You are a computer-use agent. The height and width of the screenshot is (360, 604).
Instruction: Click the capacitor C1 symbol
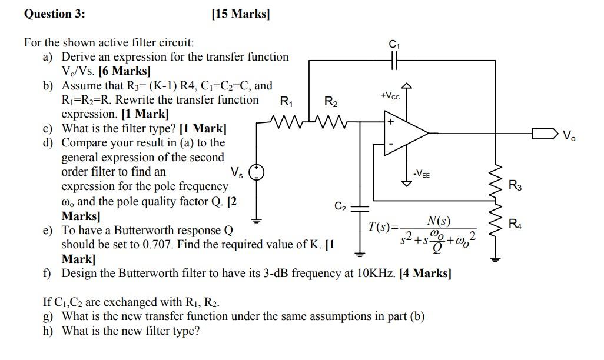pos(394,61)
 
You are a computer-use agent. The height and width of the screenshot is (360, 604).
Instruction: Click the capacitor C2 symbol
pos(360,208)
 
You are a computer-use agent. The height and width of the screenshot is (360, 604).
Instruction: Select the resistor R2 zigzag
pos(331,122)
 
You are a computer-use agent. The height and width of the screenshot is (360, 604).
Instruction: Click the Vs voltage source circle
pos(256,172)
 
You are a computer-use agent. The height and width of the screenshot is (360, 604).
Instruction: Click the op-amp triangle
pos(406,133)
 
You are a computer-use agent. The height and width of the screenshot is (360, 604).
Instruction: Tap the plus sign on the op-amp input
pos(390,122)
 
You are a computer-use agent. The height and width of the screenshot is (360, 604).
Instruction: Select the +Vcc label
pos(390,95)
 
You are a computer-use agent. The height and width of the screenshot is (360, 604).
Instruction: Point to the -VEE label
pos(422,174)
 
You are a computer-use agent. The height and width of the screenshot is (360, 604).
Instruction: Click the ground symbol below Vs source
pos(256,221)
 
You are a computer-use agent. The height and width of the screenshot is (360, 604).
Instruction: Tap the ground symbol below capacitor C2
pos(360,254)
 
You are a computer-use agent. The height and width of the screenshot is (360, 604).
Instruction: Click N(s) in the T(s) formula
pos(439,221)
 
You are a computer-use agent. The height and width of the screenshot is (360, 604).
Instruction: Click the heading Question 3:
pos(55,14)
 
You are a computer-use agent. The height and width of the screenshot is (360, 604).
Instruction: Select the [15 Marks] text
pos(241,14)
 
